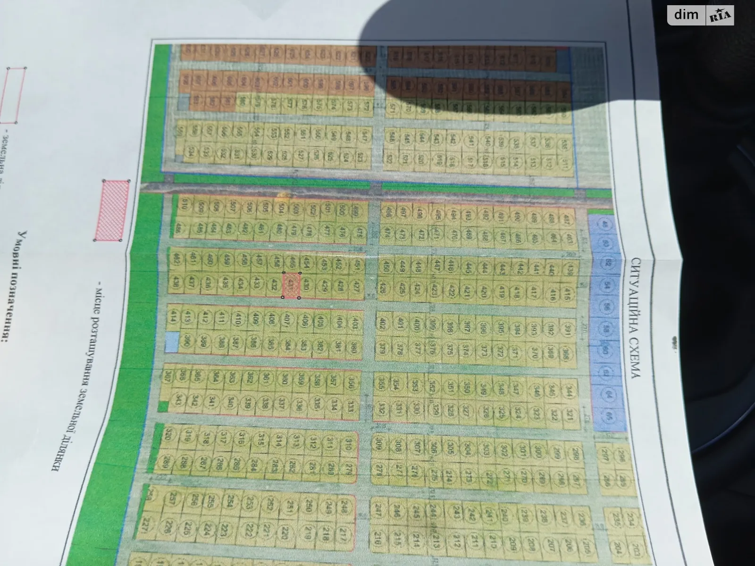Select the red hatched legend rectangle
[112, 210]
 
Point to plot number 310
[350, 444]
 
